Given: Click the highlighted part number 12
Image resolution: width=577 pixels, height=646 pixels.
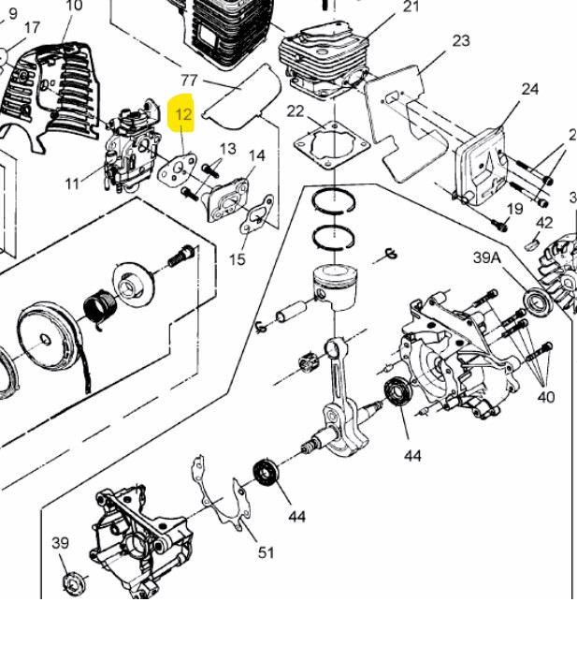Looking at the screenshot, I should point(183,115).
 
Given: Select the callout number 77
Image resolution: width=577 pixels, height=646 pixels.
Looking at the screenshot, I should point(189,81).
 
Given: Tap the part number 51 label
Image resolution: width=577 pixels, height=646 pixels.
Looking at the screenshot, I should point(267,552).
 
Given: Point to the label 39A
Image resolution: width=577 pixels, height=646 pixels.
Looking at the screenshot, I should point(487,257).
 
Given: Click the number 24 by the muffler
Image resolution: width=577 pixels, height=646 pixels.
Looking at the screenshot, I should point(530,89).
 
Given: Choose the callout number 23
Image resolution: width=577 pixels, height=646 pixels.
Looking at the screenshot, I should point(460,40).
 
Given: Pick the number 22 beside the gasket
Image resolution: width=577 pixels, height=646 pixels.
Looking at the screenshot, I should point(296,111).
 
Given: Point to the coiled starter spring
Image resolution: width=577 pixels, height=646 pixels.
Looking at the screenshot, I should point(99,309).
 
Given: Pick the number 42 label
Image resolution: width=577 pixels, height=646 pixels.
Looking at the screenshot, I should point(544,223).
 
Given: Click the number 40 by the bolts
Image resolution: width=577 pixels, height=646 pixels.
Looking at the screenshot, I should point(546,396).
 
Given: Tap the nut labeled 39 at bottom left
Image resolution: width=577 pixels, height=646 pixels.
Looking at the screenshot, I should point(69,583).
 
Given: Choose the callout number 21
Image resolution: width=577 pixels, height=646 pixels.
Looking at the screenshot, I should point(411,7).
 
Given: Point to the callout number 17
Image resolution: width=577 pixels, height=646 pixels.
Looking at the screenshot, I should point(32,28).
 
